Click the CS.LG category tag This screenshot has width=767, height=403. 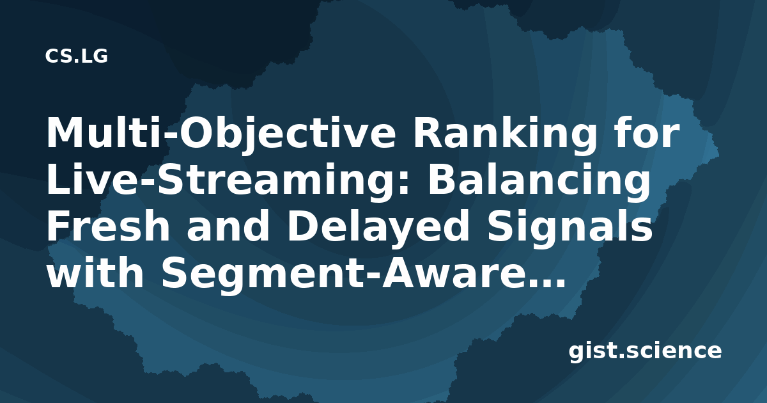(76, 56)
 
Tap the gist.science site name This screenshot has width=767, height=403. (645, 352)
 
